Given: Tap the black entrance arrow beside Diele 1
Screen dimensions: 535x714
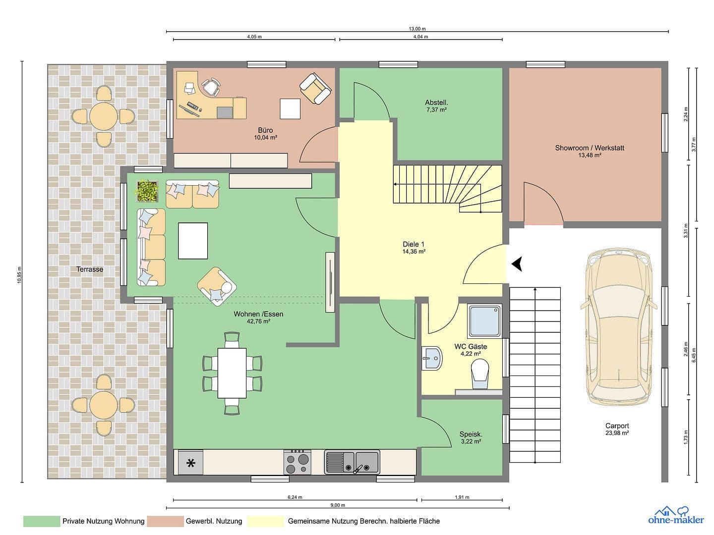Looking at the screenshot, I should pos(518,265).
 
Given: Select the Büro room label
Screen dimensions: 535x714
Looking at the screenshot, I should pos(265,130).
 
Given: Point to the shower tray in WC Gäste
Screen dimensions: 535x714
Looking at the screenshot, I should pos(485,321).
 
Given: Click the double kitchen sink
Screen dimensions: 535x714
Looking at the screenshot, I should pos(352,462).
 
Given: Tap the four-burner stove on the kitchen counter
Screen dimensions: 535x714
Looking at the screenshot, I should pos(297,462).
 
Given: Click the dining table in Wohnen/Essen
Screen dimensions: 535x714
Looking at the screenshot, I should pos(232,373).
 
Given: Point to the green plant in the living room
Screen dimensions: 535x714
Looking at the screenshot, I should pos(147,191).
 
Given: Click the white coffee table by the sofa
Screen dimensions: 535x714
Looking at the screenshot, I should pos(193,241).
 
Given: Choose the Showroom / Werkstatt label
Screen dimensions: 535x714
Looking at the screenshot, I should pos(589,148).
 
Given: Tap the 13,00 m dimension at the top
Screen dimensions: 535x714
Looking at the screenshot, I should pos(416,29).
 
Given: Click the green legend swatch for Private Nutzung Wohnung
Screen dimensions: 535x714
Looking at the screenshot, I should pos(41,521).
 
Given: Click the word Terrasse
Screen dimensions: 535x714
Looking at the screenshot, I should pos(90,269).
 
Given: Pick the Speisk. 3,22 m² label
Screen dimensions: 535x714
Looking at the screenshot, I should pos(471,438).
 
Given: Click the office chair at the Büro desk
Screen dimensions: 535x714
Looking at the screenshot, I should pos(212,87).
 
